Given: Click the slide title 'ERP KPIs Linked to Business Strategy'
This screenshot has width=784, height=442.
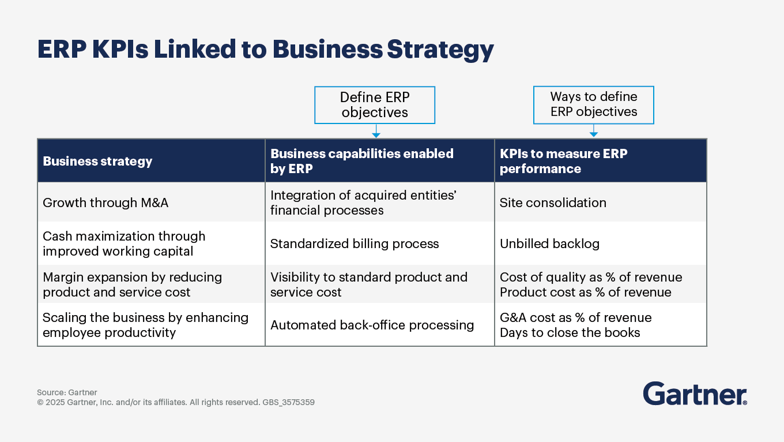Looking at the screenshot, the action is [265, 50].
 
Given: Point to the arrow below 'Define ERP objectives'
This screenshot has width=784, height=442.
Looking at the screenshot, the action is [376, 131].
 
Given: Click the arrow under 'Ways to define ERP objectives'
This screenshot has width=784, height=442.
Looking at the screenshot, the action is [594, 130].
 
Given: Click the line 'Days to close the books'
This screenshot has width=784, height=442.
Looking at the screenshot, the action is [570, 333].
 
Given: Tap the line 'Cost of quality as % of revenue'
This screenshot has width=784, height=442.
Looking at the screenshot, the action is [591, 277].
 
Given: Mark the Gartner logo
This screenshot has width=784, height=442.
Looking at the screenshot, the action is [695, 394].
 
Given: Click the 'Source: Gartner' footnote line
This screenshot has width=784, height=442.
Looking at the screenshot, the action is [67, 392].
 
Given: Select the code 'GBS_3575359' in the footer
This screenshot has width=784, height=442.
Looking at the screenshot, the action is [288, 402].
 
